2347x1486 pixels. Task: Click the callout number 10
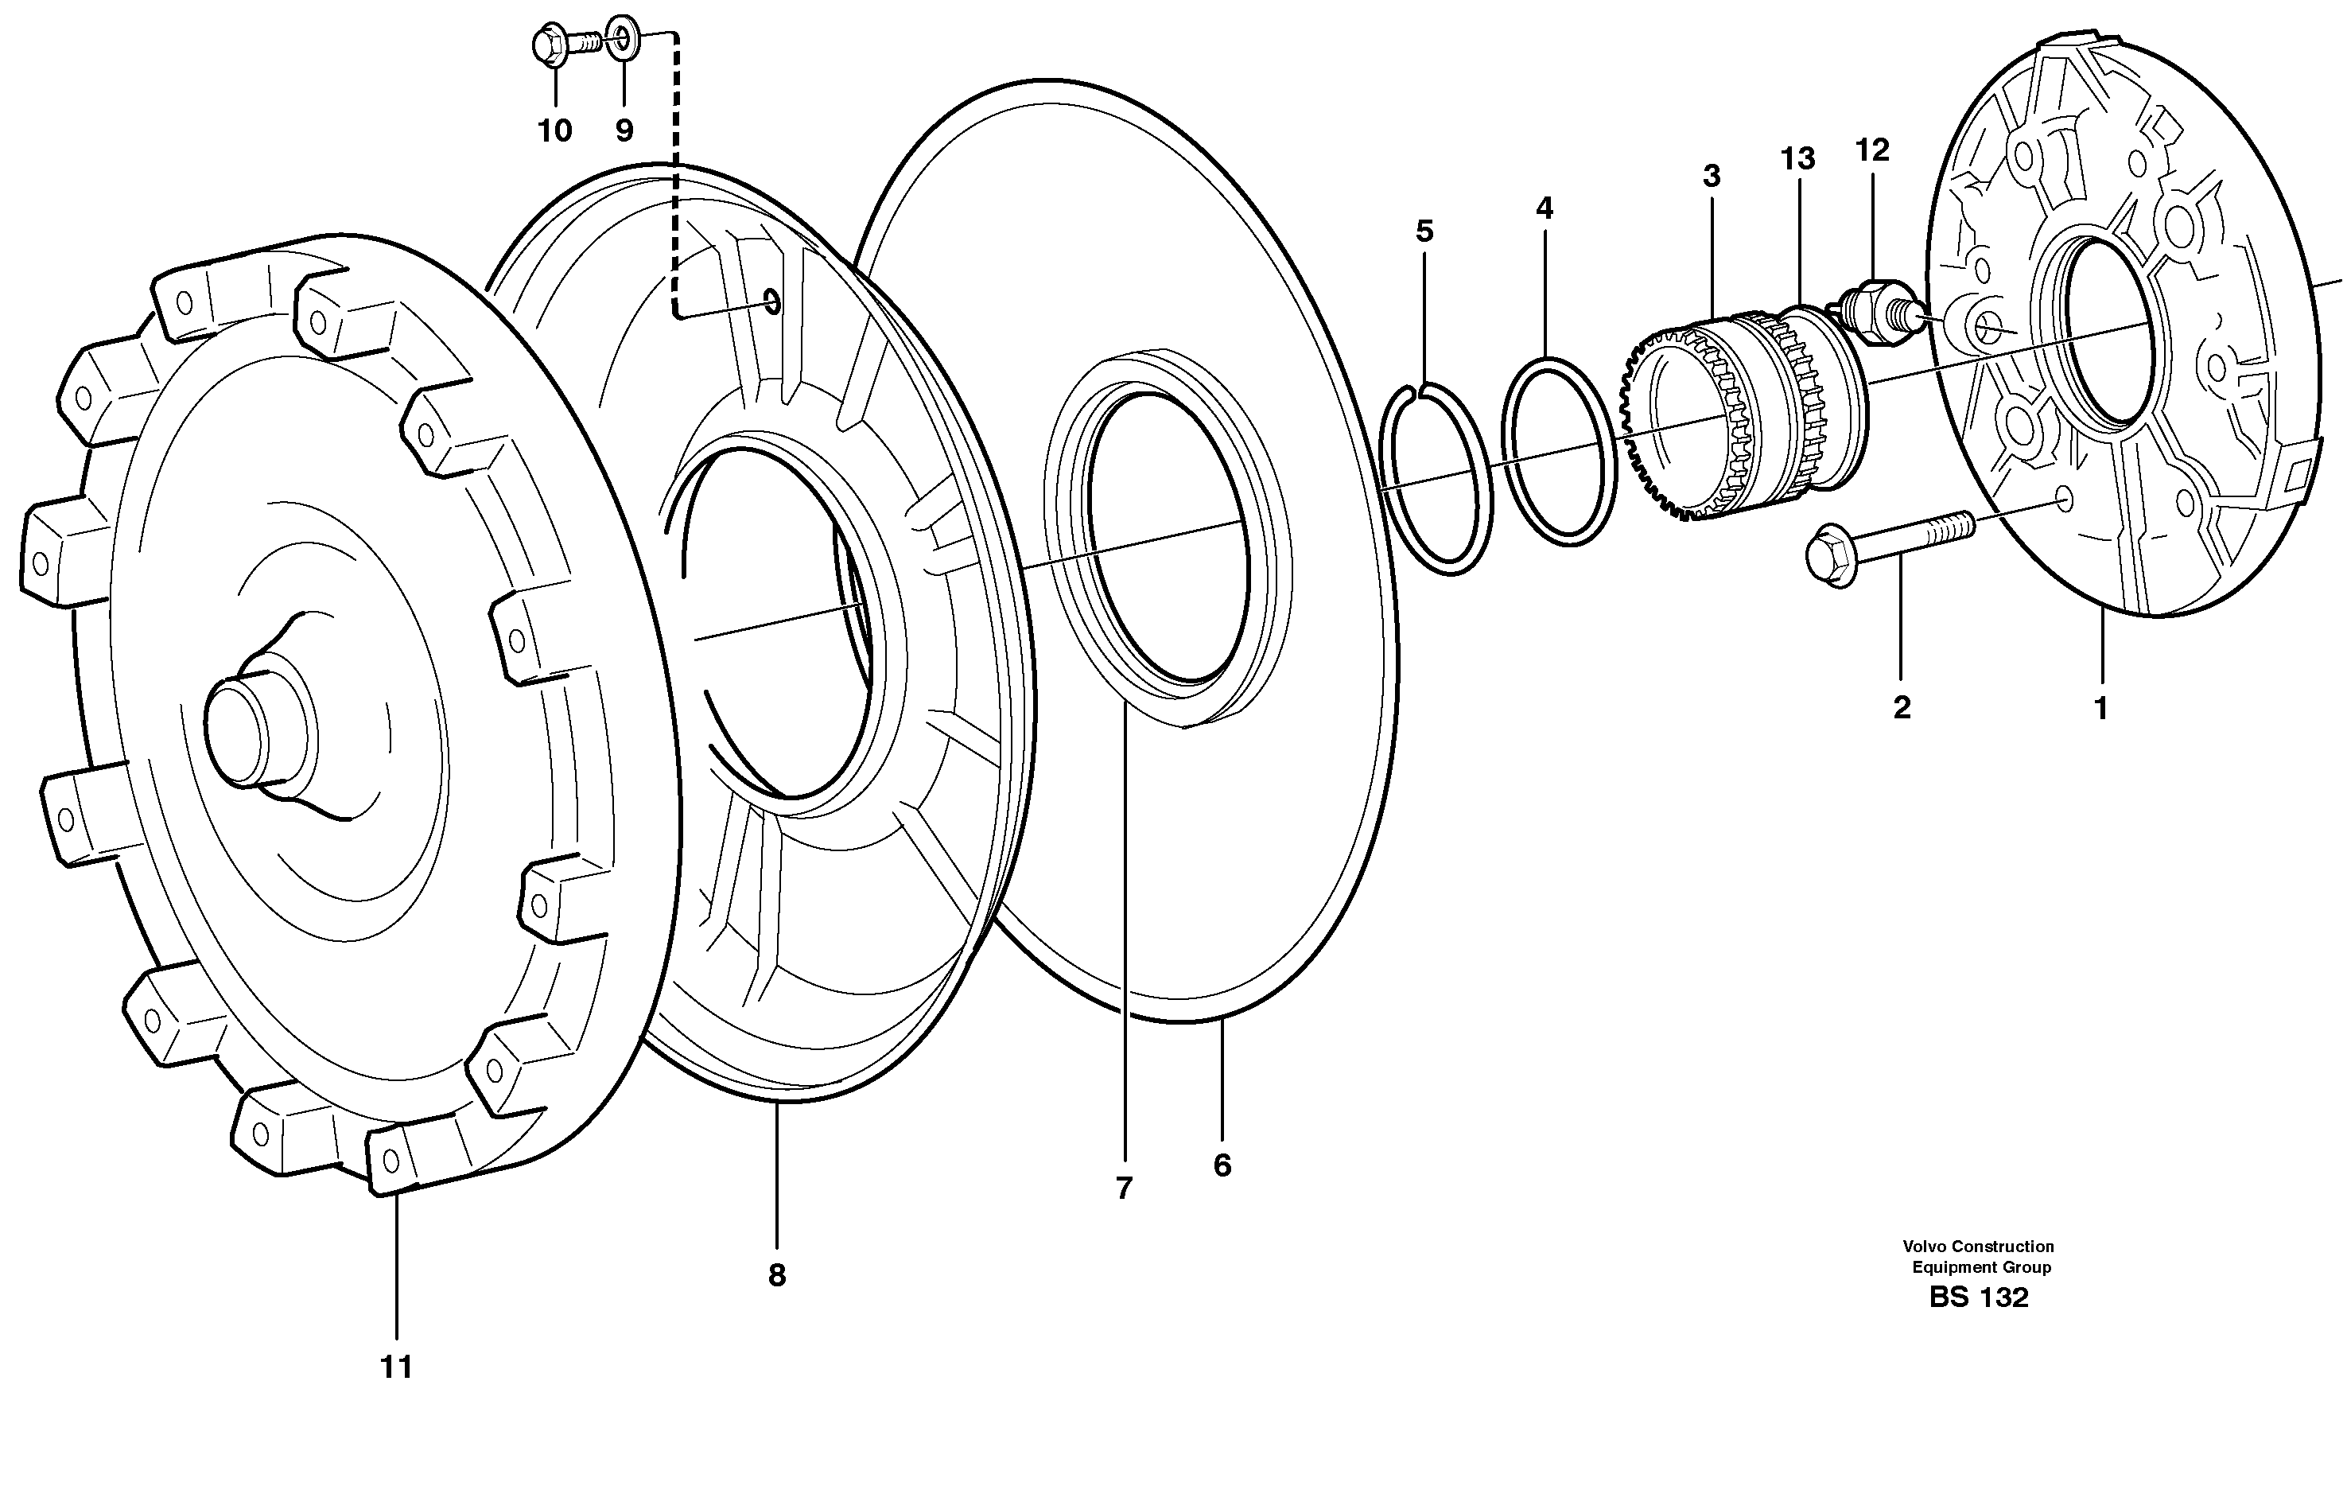(x=554, y=130)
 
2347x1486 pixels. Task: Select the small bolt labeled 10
(x=563, y=44)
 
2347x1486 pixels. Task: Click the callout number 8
(x=777, y=1275)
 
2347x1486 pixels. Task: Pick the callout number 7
(x=1124, y=1188)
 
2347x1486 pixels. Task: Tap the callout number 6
(x=1222, y=1165)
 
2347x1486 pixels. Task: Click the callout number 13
(x=1798, y=159)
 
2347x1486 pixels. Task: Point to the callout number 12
(x=1872, y=150)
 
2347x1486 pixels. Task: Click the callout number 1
(x=2101, y=709)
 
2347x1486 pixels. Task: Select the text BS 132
(x=1979, y=1297)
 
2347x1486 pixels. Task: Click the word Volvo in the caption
(x=1923, y=1246)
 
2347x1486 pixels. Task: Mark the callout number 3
(x=1712, y=177)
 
